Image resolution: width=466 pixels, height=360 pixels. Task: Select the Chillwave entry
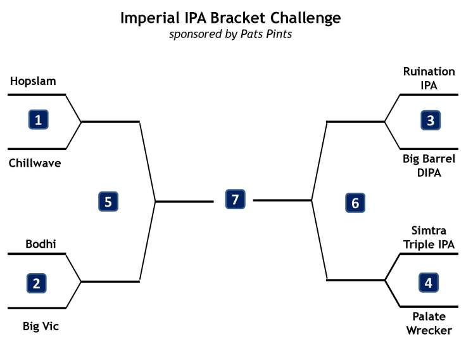pos(35,163)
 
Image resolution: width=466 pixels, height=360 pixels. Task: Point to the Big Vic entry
pos(41,326)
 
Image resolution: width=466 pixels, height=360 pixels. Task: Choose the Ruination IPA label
pos(429,77)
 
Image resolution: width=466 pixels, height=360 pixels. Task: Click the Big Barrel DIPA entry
pos(429,165)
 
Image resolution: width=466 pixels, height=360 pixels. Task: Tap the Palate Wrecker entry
pos(429,323)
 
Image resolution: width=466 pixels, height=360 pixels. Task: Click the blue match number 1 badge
pos(39,119)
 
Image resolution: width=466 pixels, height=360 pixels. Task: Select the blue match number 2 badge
pos(36,283)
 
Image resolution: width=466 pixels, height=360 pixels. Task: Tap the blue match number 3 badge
pos(431,120)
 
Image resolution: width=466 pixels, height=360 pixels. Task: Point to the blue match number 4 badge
pos(429,283)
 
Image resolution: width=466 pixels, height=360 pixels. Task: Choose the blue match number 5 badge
pos(108,202)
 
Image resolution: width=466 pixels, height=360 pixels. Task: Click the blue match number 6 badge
pos(355,203)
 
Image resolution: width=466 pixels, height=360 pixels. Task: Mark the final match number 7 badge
pos(235,200)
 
